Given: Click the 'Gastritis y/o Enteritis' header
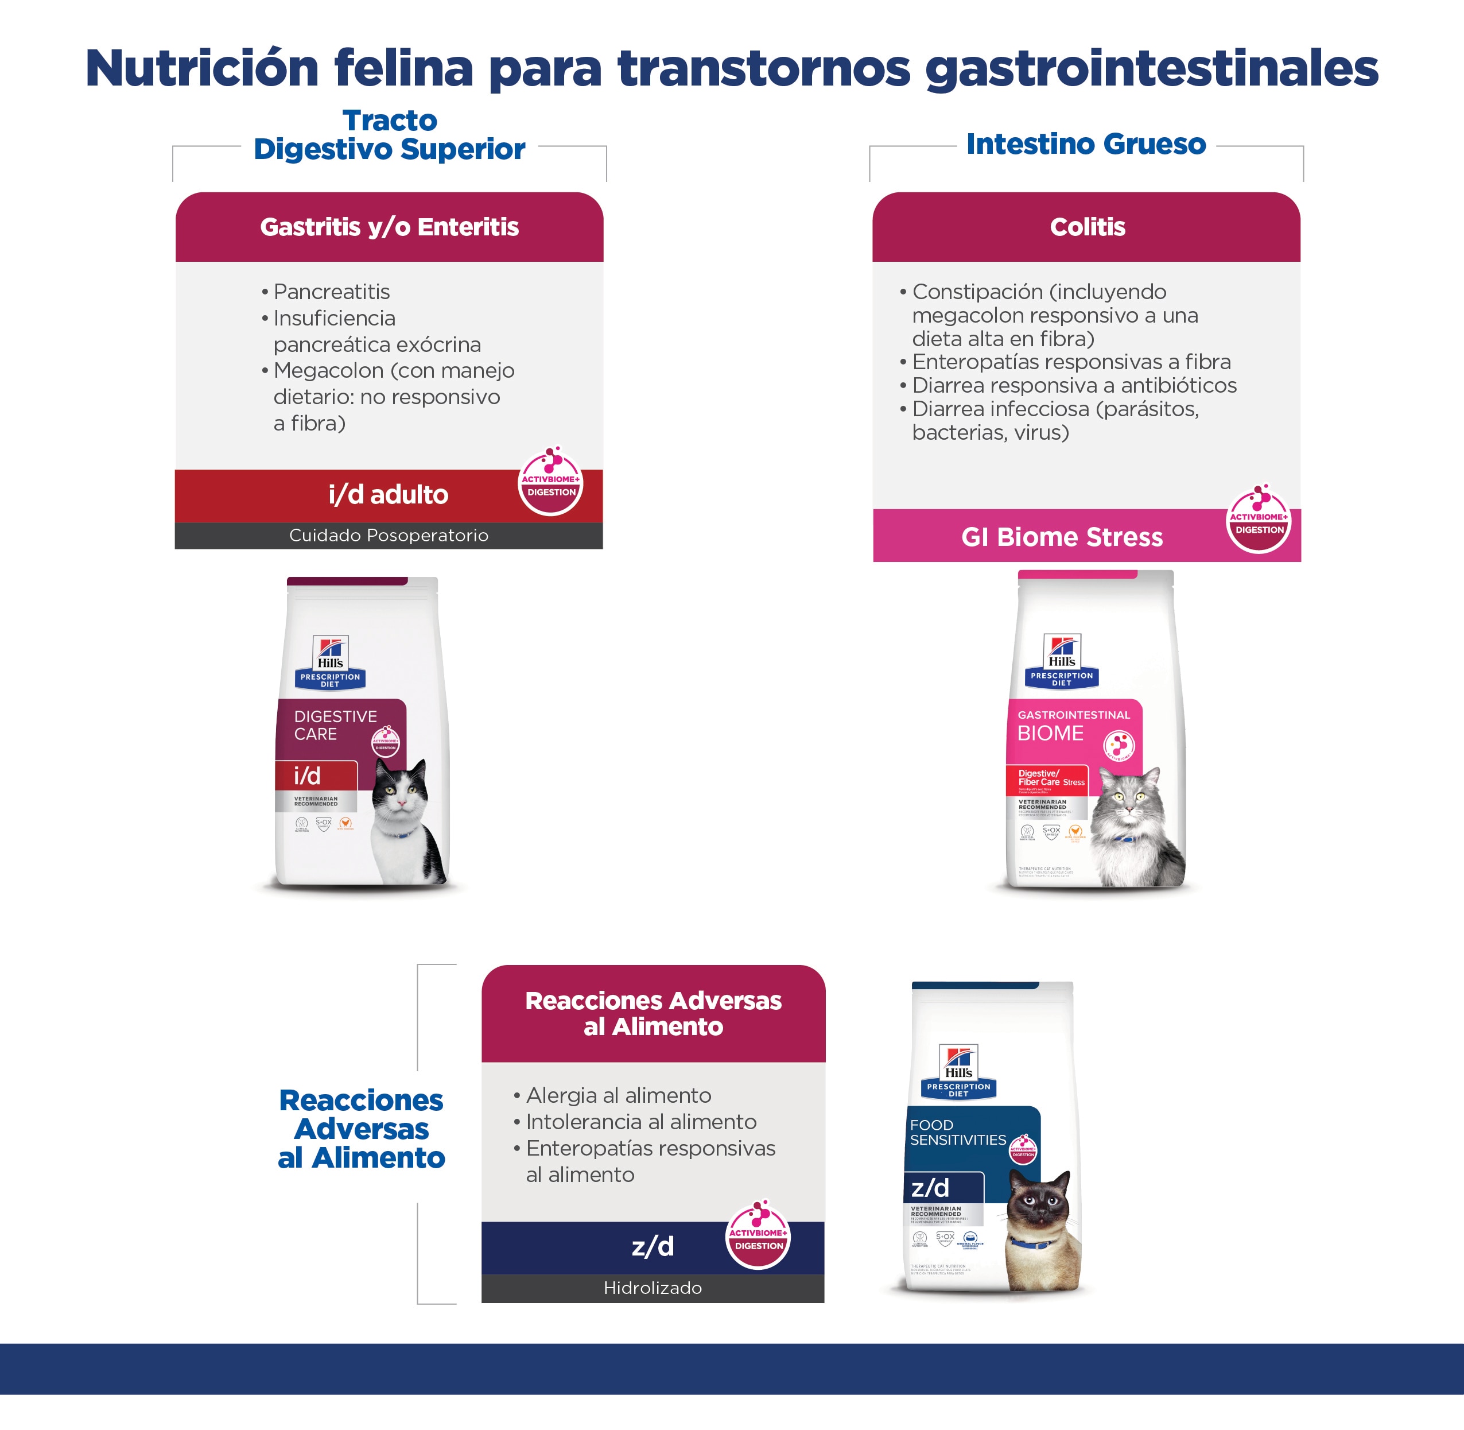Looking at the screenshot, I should (x=389, y=227).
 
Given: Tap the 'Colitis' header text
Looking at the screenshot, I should (x=1087, y=227).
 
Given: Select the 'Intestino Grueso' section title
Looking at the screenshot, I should (x=1086, y=144).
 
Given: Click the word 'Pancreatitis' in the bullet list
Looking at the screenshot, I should (x=331, y=292).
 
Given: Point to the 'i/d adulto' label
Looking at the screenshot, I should (x=388, y=495).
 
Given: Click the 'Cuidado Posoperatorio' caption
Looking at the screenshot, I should (x=388, y=536).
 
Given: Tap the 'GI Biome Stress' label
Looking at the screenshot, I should (x=1062, y=537).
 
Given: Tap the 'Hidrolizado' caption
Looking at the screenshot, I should (x=653, y=1288).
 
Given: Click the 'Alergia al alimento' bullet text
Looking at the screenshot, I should (x=619, y=1096).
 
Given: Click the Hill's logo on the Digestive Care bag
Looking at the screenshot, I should (x=331, y=653).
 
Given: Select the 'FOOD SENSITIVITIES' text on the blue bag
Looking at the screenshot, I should (x=957, y=1132).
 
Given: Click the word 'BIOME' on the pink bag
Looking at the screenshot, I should (x=1050, y=733).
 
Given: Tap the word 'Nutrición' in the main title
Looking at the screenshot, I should (x=202, y=68).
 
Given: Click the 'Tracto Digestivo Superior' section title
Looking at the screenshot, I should (x=389, y=134).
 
